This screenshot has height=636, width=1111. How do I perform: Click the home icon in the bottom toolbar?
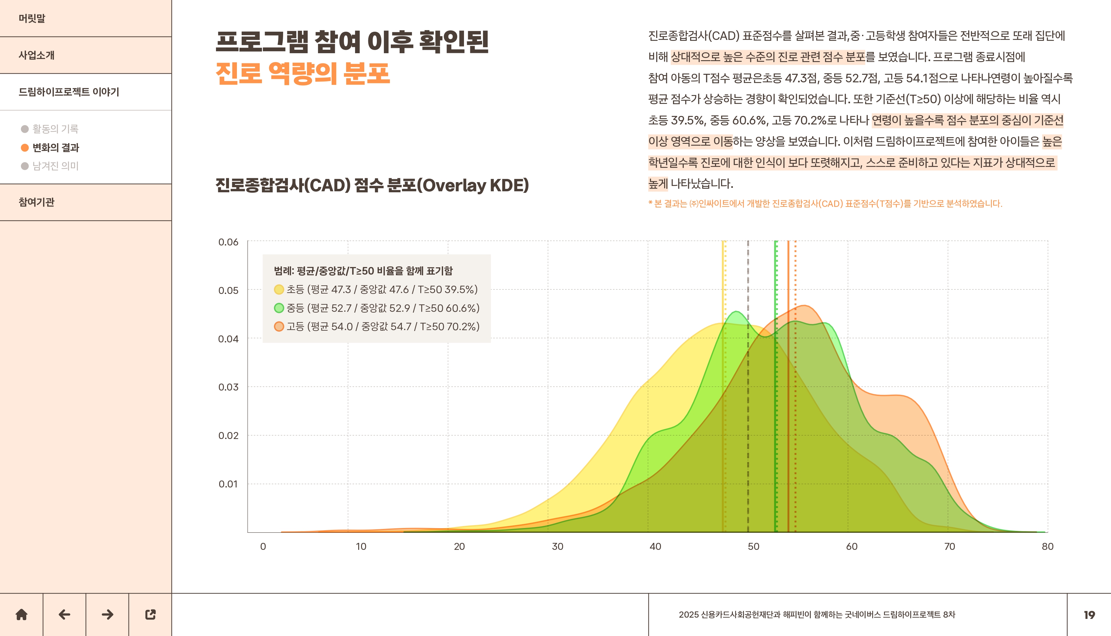[22, 614]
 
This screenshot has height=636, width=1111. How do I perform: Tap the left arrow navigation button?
[64, 614]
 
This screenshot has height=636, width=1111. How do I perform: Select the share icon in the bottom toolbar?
[150, 614]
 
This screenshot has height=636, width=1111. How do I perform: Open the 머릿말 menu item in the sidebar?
[32, 18]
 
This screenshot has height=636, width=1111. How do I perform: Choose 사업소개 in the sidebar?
[37, 55]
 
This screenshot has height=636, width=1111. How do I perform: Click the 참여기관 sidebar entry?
[37, 202]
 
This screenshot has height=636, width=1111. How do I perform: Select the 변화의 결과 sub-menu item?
[55, 148]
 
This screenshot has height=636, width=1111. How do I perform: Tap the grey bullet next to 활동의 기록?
[25, 129]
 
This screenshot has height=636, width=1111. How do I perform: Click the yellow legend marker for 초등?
[279, 289]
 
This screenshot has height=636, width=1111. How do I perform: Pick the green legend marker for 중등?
[279, 308]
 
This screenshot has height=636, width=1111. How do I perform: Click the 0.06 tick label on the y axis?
[228, 242]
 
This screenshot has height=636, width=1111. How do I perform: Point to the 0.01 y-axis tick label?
[228, 484]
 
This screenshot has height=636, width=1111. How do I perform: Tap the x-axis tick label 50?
[753, 546]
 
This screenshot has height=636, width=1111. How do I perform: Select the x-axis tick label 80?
[1047, 546]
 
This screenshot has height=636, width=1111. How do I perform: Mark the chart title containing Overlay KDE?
[372, 185]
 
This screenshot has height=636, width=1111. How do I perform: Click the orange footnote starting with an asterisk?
[825, 204]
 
